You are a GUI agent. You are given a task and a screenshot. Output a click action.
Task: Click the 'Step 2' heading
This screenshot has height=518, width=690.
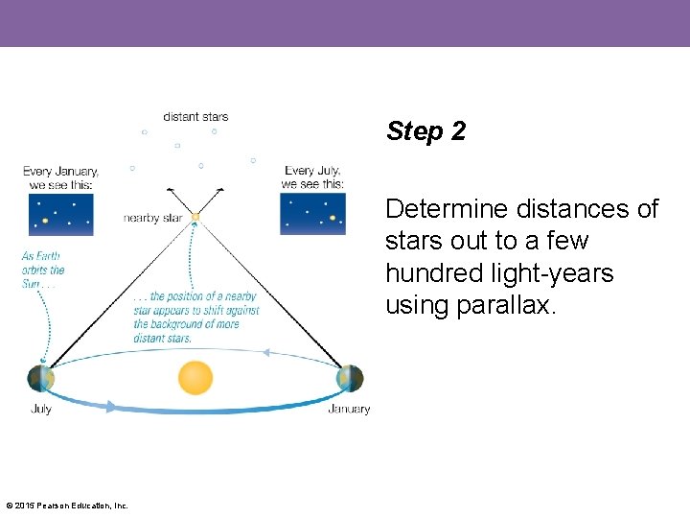425,131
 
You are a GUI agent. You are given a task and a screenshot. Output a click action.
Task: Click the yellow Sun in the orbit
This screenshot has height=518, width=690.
195,377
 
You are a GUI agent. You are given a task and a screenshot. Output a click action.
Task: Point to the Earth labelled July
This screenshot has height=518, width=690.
41,378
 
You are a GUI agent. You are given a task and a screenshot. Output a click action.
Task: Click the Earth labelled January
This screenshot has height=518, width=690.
350,378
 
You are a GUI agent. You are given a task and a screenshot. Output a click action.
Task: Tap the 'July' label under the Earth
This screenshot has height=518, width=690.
41,409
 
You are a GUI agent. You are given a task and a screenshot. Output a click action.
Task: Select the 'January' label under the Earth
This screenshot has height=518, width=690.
349,409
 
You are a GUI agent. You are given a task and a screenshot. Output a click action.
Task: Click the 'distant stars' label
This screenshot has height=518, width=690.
195,116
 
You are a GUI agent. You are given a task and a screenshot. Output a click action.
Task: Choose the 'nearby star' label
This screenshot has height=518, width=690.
152,219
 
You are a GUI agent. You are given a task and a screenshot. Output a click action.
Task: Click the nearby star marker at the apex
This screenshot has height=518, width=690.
195,218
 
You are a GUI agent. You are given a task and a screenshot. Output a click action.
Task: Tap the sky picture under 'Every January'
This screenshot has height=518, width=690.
60,214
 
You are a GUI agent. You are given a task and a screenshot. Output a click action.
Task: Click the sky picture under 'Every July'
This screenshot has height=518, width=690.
312,214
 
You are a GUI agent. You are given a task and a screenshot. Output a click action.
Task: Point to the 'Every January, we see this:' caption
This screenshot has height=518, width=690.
61,177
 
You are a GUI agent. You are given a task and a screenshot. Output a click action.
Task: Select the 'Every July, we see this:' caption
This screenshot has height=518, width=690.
312,177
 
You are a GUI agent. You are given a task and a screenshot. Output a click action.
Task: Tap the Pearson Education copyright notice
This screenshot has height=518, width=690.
67,506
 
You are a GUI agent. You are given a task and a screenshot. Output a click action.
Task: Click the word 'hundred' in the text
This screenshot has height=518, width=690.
435,272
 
